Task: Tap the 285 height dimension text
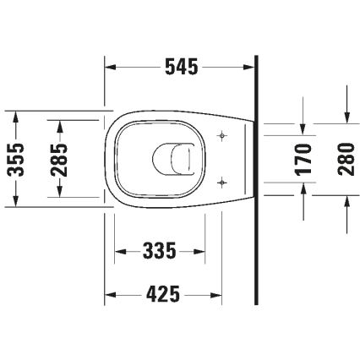coord(58,158)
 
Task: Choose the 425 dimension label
coord(162,294)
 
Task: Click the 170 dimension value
coord(306,158)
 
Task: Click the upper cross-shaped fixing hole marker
coord(221,135)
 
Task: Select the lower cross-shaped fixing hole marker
coord(221,180)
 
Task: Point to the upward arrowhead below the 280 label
coord(346,199)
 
